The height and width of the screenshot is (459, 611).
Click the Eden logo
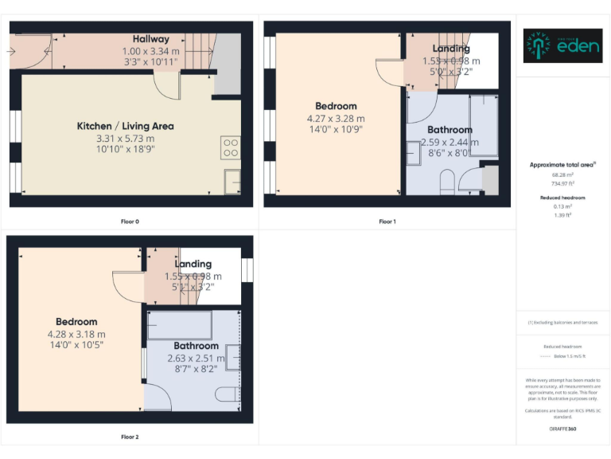click(x=561, y=46)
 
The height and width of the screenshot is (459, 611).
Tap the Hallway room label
click(x=151, y=39)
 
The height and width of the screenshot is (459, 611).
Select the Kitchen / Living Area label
click(x=125, y=126)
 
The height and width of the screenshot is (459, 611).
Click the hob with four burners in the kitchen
click(x=230, y=147)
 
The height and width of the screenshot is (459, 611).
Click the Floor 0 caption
click(x=130, y=221)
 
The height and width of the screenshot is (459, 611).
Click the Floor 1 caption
click(x=387, y=221)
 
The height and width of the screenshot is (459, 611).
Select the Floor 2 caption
click(x=130, y=437)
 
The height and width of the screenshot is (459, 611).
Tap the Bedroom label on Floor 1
click(x=336, y=106)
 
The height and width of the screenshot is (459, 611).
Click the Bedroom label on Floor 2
click(x=76, y=322)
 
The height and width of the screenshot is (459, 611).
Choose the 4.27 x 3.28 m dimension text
click(x=336, y=119)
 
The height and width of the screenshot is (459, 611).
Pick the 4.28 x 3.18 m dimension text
click(x=76, y=334)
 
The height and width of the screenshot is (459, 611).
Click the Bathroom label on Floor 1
click(x=449, y=130)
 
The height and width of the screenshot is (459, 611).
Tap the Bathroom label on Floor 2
click(x=196, y=346)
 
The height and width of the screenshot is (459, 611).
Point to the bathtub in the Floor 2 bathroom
click(x=180, y=325)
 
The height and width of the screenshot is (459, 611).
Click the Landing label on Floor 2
click(x=193, y=264)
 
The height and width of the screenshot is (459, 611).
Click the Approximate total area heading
click(x=562, y=165)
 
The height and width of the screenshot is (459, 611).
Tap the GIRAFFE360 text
click(x=562, y=430)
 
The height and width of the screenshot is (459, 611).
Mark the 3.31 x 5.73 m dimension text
click(x=125, y=138)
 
